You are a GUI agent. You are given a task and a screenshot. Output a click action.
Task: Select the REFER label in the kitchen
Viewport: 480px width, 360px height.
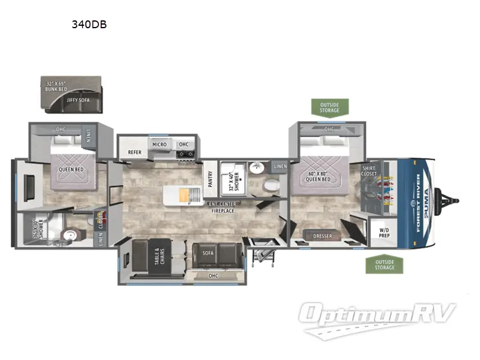134,152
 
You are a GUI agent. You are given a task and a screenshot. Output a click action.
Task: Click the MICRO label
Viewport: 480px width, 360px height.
159,145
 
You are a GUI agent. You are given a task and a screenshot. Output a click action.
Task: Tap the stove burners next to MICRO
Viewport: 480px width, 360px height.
185,155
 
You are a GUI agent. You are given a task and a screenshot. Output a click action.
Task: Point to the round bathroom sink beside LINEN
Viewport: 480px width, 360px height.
256,167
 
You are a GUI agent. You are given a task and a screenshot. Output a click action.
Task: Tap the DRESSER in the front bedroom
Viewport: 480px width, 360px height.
322,236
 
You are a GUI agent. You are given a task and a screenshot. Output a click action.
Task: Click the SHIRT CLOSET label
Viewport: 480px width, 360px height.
369,171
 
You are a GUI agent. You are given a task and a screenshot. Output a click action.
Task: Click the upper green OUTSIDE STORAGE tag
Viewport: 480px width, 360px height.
329,107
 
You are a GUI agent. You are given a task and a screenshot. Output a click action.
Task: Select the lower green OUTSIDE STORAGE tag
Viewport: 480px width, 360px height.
385,264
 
